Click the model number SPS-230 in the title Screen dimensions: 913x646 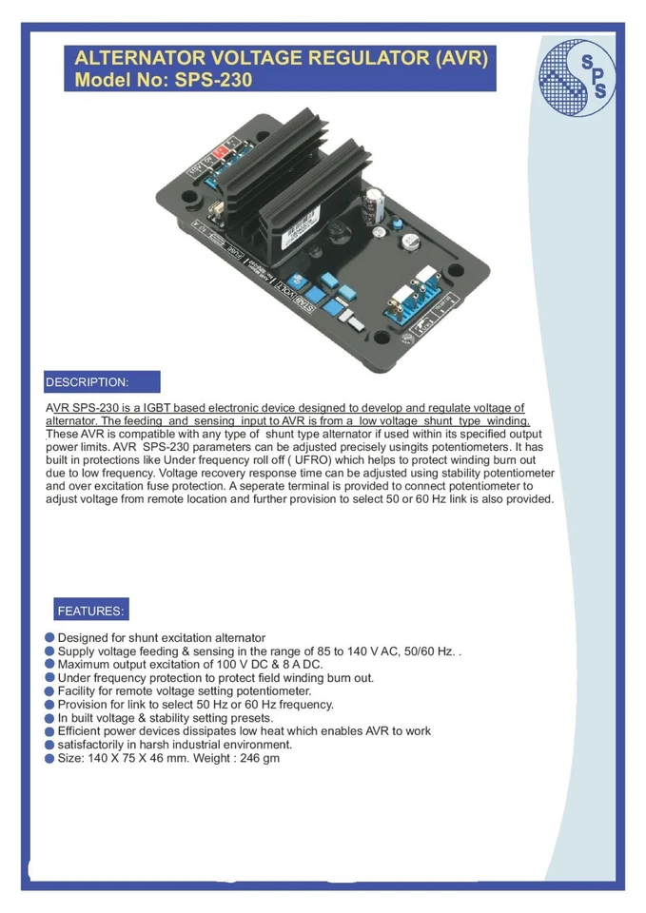(214, 81)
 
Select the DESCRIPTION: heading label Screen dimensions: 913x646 (87, 382)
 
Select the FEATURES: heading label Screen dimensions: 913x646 (90, 611)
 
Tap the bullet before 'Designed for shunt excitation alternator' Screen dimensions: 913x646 (49, 637)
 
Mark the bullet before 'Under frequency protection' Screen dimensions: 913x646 (49, 678)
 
